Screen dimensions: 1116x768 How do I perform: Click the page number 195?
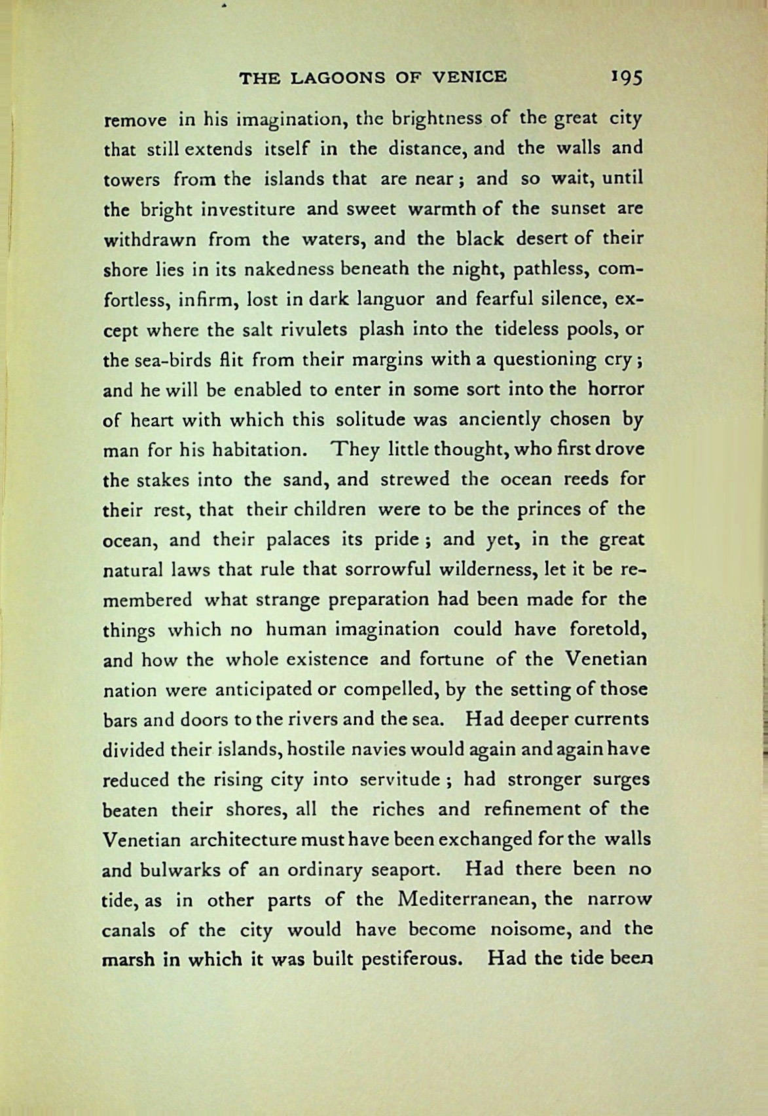point(627,78)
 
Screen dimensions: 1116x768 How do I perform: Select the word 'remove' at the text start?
point(134,121)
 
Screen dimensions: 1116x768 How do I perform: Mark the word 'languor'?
point(391,299)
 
